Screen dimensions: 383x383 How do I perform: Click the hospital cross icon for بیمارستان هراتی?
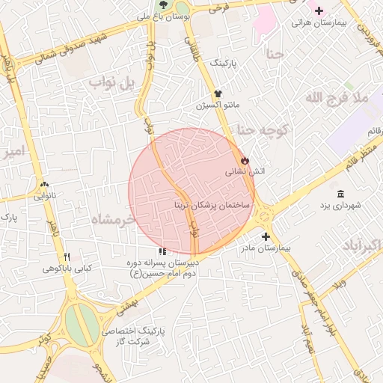319,10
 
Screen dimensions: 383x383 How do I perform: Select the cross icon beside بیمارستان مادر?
266,236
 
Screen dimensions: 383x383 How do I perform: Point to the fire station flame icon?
245,160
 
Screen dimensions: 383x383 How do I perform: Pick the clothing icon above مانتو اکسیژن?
218,94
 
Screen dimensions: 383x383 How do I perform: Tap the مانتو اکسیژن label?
217,105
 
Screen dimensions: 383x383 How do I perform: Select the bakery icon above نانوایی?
44,185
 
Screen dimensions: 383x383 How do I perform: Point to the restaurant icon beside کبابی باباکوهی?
68,257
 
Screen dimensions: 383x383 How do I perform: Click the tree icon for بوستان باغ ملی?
164,4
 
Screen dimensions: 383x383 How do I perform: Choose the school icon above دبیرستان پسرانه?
162,253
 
